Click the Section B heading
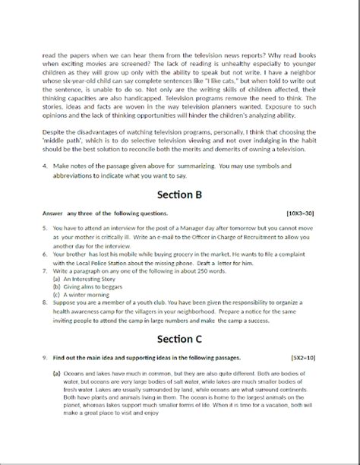[179, 194]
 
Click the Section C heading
[179, 337]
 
